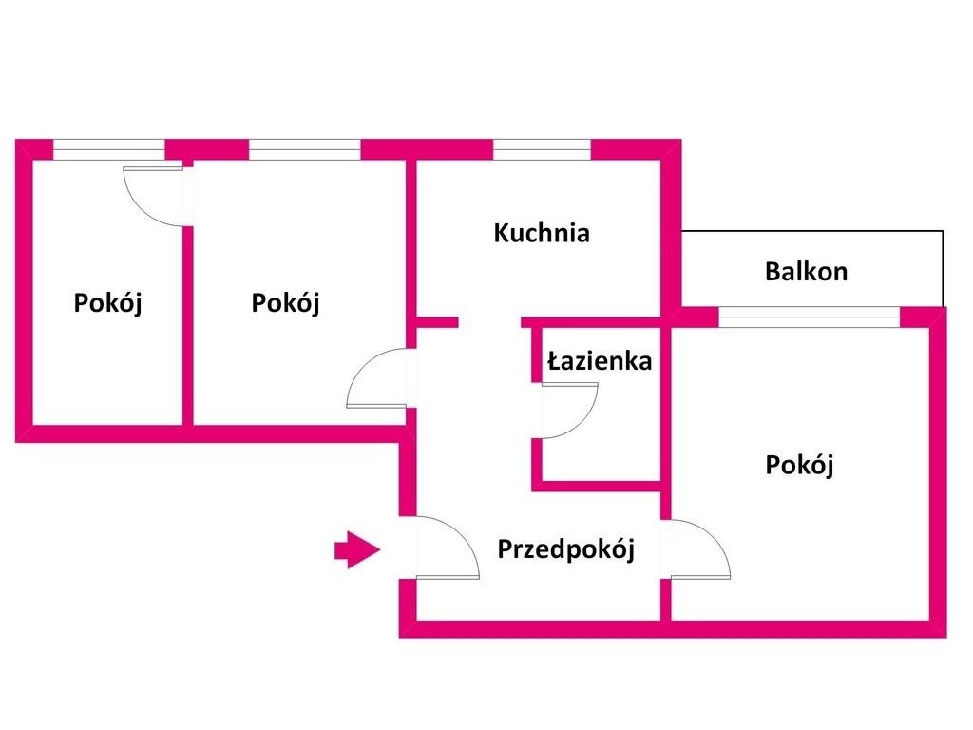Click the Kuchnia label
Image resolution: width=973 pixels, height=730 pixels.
pos(541,233)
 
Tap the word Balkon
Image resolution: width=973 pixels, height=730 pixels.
pos(806,271)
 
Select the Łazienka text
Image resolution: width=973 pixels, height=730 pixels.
pos(600,360)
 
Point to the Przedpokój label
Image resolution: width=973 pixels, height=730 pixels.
pos(566,549)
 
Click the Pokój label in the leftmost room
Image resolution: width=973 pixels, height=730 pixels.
pos(108,303)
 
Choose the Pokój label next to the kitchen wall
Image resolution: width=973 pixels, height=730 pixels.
pos(285,303)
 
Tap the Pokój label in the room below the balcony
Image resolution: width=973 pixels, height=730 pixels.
pos(799,465)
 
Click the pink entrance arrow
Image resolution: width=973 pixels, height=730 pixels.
pos(357,550)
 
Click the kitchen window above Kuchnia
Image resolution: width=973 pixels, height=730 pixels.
pos(542,149)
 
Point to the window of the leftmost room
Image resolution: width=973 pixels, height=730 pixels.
pos(108,149)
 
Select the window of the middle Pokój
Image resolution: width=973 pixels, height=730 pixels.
pos(304,149)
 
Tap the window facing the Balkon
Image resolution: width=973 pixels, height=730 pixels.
pos(810,317)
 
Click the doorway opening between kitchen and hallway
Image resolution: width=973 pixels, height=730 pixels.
pos(489,322)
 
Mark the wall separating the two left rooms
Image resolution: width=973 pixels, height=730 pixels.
pos(188,326)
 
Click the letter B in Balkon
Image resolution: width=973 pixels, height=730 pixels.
pos(772,271)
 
